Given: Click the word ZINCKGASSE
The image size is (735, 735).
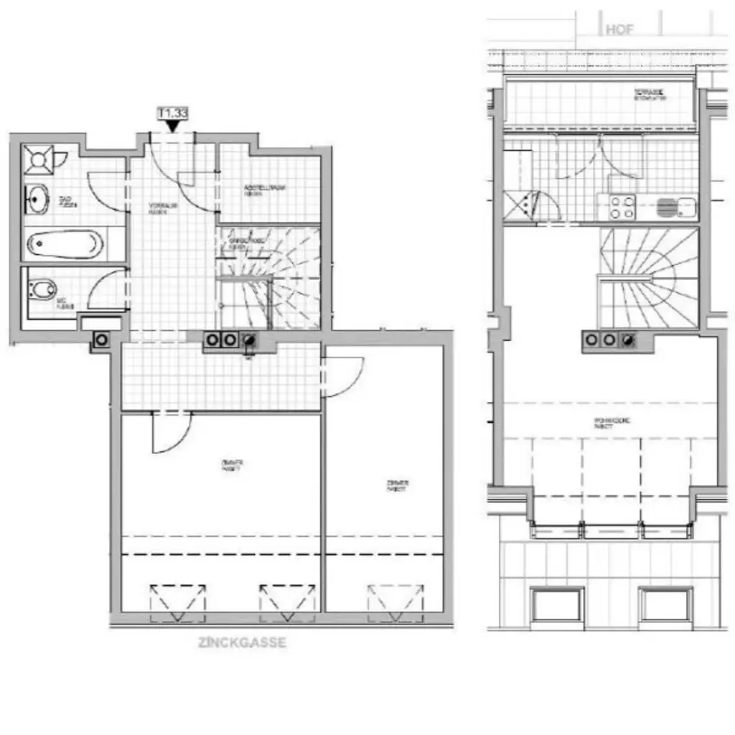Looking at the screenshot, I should tap(242, 642).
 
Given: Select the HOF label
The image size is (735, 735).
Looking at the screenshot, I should tap(620, 30).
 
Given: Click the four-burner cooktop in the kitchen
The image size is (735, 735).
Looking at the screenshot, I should tap(622, 207).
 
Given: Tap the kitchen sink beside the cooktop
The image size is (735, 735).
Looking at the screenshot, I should tap(675, 207).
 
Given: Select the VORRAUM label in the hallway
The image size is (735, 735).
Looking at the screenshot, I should tap(163, 207).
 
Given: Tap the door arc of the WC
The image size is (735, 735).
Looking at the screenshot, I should tap(108, 287).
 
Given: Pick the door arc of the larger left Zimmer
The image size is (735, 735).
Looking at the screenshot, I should tap(171, 434).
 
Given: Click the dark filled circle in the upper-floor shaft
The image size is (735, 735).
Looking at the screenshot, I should tap(629, 340).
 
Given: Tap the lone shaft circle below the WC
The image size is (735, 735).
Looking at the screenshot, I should tap(102, 340).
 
